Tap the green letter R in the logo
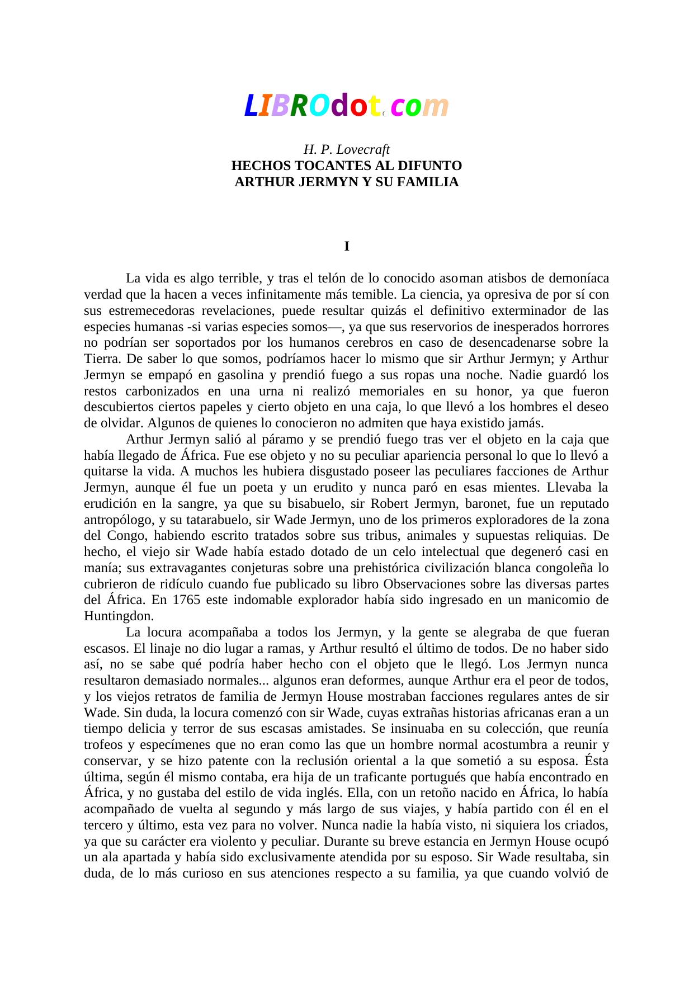(x=299, y=106)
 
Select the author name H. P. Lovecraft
(x=347, y=150)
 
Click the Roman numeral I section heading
(x=347, y=246)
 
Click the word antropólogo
(x=119, y=520)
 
